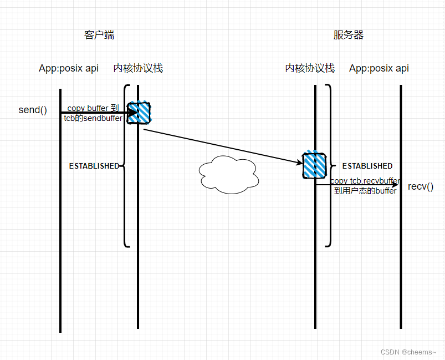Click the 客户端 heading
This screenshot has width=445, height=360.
pyautogui.click(x=99, y=36)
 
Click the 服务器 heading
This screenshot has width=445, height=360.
pyautogui.click(x=349, y=36)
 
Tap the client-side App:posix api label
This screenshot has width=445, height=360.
pyautogui.click(x=69, y=68)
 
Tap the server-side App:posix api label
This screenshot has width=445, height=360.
pyautogui.click(x=379, y=68)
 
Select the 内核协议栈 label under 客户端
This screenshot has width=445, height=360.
pyautogui.click(x=138, y=68)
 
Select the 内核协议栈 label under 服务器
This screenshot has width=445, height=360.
pyautogui.click(x=310, y=68)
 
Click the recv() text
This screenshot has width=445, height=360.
pyautogui.click(x=421, y=186)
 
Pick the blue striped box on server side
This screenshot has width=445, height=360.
pyautogui.click(x=315, y=165)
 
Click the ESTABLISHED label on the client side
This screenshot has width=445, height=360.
pyautogui.click(x=94, y=166)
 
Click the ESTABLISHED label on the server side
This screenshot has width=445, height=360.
pyautogui.click(x=367, y=166)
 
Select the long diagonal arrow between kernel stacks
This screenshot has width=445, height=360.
pyautogui.click(x=222, y=146)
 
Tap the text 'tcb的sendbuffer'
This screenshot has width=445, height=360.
pyautogui.click(x=92, y=118)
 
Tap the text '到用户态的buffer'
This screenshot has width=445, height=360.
pyautogui.click(x=365, y=190)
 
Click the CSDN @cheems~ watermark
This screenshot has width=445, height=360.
pyautogui.click(x=408, y=352)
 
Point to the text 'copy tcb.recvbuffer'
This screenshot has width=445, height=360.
pyautogui.click(x=365, y=181)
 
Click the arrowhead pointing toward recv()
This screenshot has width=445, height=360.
pyautogui.click(x=395, y=185)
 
